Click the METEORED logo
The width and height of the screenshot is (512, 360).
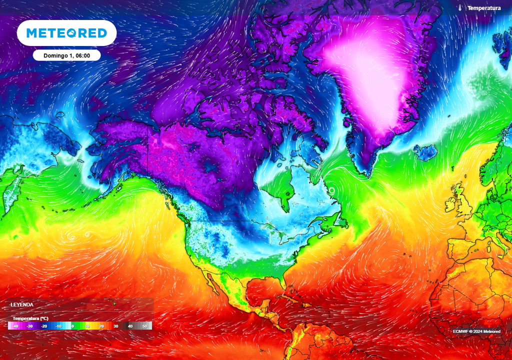pyautogui.click(x=66, y=33)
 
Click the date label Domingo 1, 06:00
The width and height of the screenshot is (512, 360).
pyautogui.click(x=66, y=55)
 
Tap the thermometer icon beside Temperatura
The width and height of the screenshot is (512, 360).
pyautogui.click(x=459, y=8)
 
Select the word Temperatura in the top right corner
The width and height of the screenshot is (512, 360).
pyautogui.click(x=484, y=8)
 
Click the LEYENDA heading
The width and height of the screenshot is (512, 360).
pyautogui.click(x=22, y=304)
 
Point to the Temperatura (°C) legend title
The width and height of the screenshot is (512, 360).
pyautogui.click(x=30, y=318)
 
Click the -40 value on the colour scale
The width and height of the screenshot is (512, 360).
pyautogui.click(x=16, y=326)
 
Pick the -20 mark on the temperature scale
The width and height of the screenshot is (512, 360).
pyautogui.click(x=44, y=326)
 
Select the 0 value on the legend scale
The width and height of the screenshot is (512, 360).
pyautogui.click(x=72, y=326)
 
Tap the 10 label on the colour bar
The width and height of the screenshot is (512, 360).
pyautogui.click(x=87, y=326)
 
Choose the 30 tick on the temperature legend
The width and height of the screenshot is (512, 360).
pyautogui.click(x=115, y=326)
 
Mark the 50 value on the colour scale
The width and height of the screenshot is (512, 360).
pyautogui.click(x=144, y=326)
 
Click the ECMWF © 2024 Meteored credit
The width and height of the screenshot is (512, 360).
pyautogui.click(x=476, y=331)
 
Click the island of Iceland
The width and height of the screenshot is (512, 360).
pyautogui.click(x=425, y=152)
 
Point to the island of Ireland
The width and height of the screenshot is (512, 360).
pyautogui.click(x=452, y=204)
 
